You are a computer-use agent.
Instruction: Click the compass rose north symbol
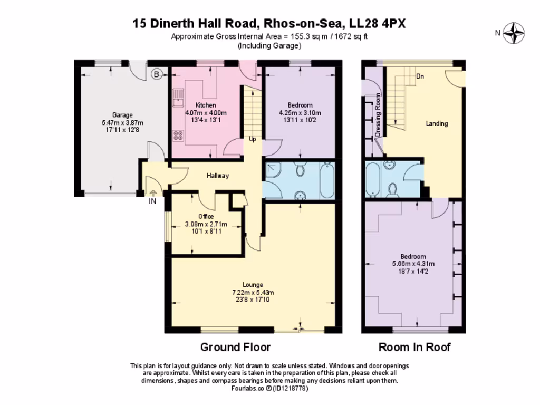tap(513, 33)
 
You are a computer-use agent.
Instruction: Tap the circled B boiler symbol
tap(156, 74)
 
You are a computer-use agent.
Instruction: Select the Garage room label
tap(122, 115)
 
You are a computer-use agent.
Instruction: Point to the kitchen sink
tap(179, 95)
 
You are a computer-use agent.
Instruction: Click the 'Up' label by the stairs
tap(253, 140)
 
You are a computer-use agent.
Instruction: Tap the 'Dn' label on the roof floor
tap(420, 76)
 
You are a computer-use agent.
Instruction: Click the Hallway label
tap(218, 176)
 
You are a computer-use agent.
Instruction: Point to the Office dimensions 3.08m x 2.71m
tap(206, 224)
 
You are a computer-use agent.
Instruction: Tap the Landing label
tap(437, 123)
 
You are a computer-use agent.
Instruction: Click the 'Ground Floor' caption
tap(235, 347)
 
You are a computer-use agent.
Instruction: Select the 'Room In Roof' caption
tap(414, 347)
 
